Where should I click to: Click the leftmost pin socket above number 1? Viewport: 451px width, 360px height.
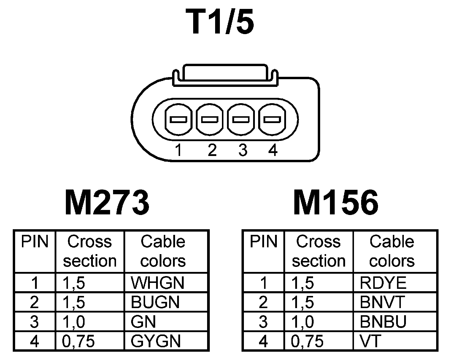[178, 120]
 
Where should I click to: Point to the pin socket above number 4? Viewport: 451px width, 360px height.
[272, 120]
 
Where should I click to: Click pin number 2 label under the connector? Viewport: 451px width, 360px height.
[212, 150]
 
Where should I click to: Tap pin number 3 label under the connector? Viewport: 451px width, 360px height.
[243, 150]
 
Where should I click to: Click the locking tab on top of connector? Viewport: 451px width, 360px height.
[224, 73]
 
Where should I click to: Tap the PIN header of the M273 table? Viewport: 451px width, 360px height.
[34, 242]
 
